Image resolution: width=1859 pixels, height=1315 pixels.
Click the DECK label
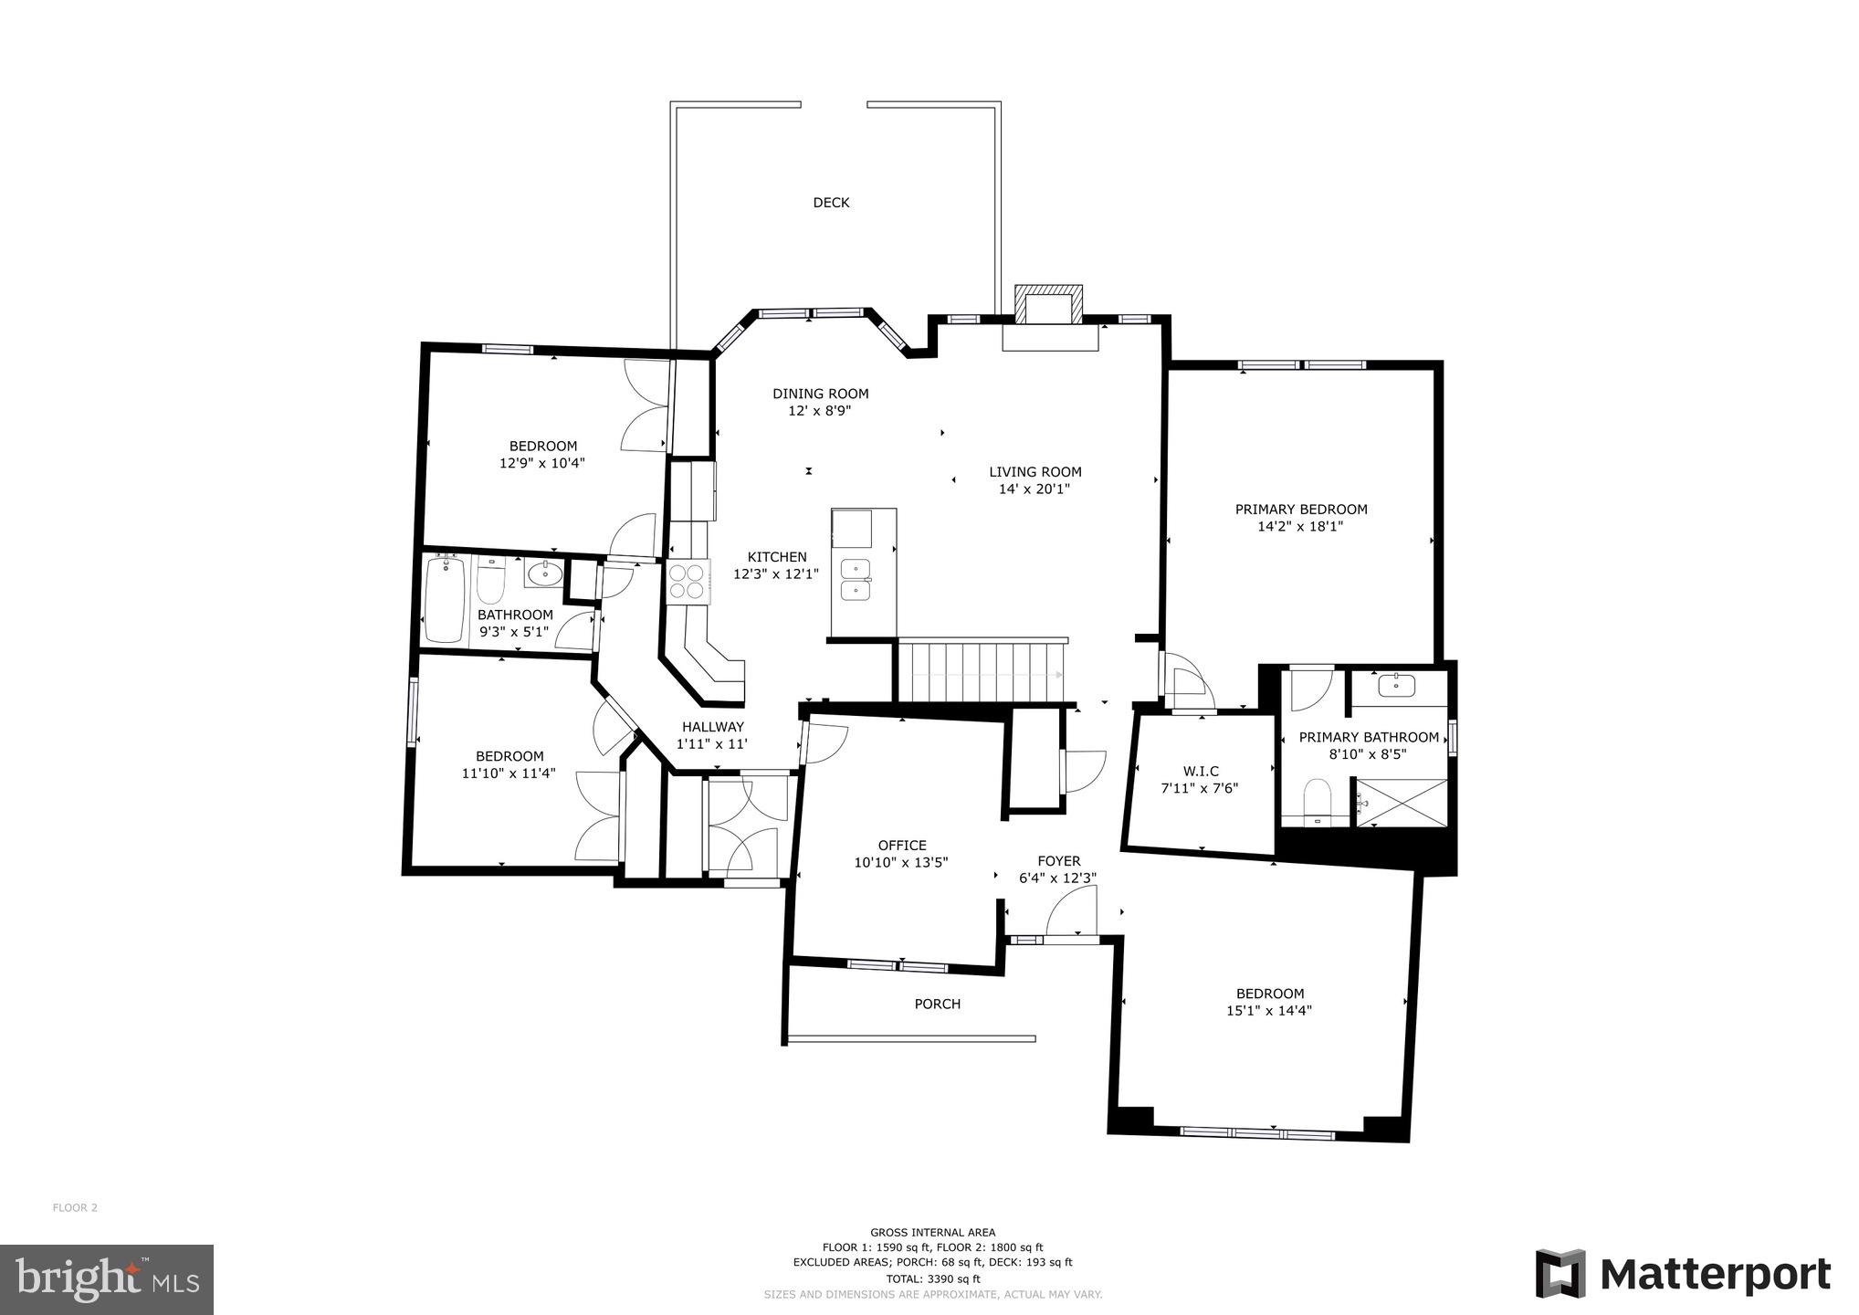coord(831,203)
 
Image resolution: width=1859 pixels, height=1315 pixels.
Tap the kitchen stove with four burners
coord(688,582)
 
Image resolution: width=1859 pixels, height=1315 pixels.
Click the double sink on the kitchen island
coord(856,579)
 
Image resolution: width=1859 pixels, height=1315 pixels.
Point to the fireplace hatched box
coord(1049,304)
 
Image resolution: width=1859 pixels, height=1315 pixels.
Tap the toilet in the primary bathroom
coord(1318,799)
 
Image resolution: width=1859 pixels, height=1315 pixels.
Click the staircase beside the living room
coord(981,671)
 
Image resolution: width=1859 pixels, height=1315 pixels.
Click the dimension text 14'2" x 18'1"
coord(1300,527)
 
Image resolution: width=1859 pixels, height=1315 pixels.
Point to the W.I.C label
coord(1200,772)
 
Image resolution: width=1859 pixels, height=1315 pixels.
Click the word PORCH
coord(938,1005)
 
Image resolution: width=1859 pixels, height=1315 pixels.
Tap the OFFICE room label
coord(902,846)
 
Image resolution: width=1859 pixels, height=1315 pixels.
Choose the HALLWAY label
coord(712,727)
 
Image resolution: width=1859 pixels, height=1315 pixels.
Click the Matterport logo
coord(1682,1273)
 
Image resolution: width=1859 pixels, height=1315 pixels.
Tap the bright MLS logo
coord(107,1279)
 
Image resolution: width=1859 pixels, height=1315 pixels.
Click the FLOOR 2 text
coord(75,1207)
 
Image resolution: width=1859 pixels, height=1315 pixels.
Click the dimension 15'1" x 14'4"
coord(1269,1011)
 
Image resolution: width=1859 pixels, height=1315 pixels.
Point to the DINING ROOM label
coord(820,394)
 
